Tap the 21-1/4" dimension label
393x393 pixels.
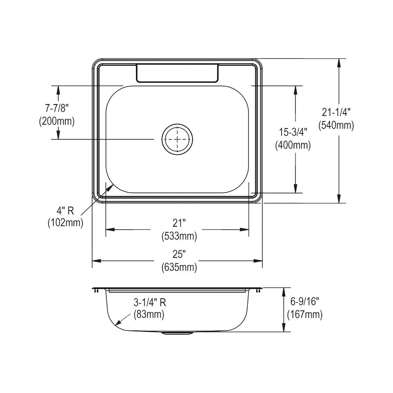(x=336, y=113)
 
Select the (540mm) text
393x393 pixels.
(x=336, y=125)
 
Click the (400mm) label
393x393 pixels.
(x=293, y=145)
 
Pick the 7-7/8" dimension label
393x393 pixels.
(x=57, y=108)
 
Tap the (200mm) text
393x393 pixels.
(x=57, y=121)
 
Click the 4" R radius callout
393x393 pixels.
(x=65, y=211)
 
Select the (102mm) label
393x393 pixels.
(x=65, y=222)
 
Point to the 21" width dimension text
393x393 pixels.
(x=179, y=223)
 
